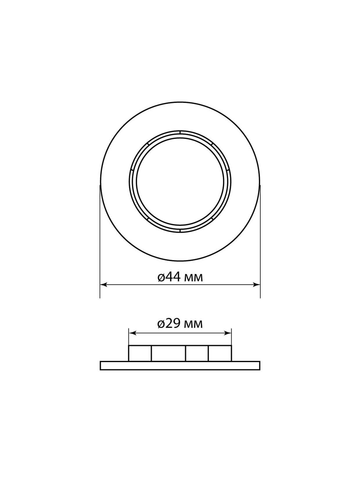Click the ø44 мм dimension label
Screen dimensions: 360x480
tap(180, 277)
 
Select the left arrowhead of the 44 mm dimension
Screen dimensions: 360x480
tap(103, 285)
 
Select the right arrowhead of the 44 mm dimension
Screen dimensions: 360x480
tap(257, 285)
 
